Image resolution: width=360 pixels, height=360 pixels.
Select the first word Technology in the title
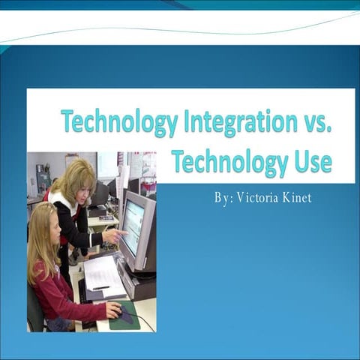118,121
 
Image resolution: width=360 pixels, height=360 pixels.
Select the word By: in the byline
223,198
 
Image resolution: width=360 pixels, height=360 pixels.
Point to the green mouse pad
125,317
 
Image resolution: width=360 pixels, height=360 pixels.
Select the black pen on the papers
100,287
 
